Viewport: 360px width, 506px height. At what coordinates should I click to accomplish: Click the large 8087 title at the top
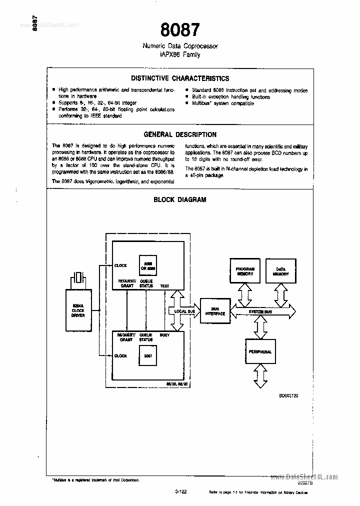(x=180, y=30)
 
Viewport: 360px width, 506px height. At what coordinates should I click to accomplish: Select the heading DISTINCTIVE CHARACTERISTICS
(x=180, y=78)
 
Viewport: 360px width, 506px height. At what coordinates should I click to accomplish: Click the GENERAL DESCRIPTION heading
(x=180, y=134)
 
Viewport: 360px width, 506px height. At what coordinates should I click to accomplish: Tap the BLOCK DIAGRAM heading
(x=180, y=199)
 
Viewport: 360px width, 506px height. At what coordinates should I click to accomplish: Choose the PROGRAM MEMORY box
(x=245, y=271)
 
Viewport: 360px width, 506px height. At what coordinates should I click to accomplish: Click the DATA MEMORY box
(x=280, y=271)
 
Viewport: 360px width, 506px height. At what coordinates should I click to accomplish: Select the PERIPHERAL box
(x=260, y=352)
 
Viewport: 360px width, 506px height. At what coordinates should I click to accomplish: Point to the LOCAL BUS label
(x=184, y=311)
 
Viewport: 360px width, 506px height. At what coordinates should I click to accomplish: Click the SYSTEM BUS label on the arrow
(x=260, y=312)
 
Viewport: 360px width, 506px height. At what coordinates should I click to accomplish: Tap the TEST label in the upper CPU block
(x=164, y=286)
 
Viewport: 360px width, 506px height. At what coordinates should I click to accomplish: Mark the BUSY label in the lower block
(x=164, y=334)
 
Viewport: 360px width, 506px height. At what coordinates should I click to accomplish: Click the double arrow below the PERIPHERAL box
(x=260, y=375)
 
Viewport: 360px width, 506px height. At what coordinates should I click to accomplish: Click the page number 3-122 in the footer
(x=180, y=492)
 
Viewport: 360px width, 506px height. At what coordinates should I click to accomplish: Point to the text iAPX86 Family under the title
(x=180, y=55)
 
